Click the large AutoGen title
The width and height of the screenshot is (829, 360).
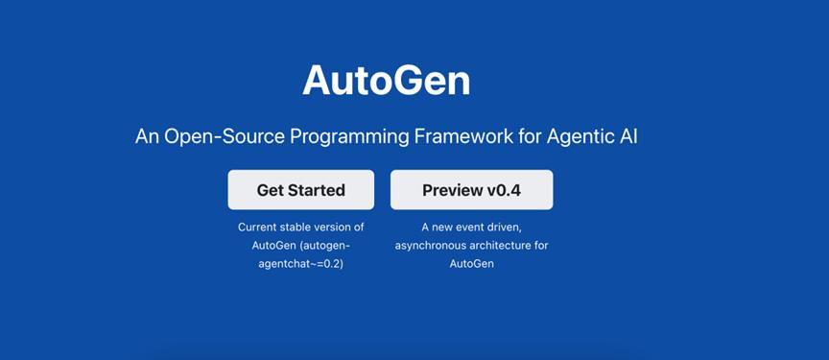click(x=386, y=81)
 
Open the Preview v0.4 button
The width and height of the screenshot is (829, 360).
click(x=472, y=190)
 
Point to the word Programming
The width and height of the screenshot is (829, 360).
click(x=350, y=138)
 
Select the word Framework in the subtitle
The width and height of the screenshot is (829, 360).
click(x=462, y=137)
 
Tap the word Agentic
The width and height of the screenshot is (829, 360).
click(x=578, y=138)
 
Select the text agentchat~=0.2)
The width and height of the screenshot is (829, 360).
click(x=301, y=264)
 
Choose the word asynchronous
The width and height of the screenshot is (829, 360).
click(x=429, y=246)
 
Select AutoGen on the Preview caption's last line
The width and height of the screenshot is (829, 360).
click(x=472, y=264)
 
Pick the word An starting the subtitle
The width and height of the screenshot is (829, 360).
click(x=148, y=137)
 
